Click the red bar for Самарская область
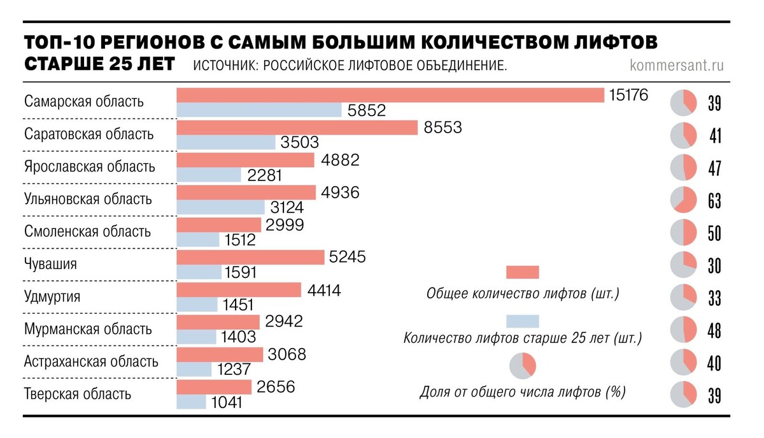pyautogui.click(x=390, y=95)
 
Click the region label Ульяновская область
pyautogui.click(x=88, y=199)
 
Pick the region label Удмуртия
pyautogui.click(x=52, y=297)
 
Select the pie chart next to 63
pyautogui.click(x=683, y=200)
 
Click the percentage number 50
pyautogui.click(x=714, y=233)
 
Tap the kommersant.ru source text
pyautogui.click(x=676, y=65)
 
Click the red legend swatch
pyautogui.click(x=522, y=272)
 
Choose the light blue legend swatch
pyautogui.click(x=522, y=321)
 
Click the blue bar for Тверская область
pyautogui.click(x=191, y=402)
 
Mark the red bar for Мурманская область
pyautogui.click(x=218, y=322)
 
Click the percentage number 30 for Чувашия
pyautogui.click(x=714, y=266)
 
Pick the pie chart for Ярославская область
pyautogui.click(x=683, y=168)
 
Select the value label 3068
pyautogui.click(x=287, y=354)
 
